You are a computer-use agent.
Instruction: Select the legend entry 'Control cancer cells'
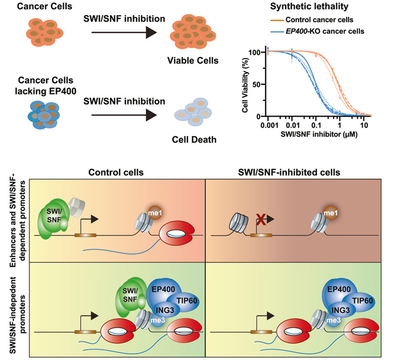click(323, 21)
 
